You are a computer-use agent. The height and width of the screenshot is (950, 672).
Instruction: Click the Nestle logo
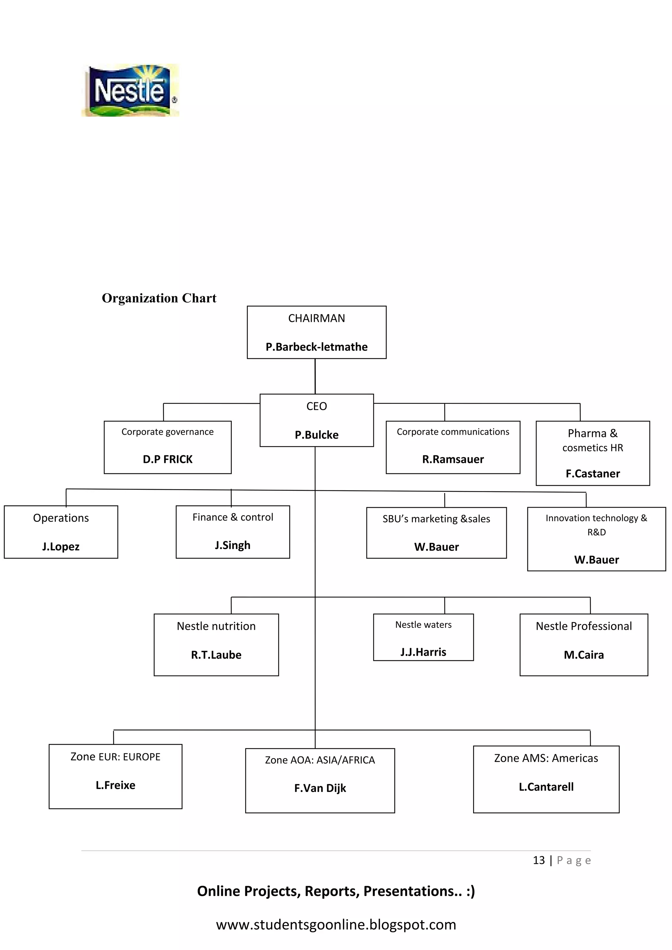(130, 90)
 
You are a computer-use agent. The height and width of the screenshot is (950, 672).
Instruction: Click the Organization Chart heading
(159, 298)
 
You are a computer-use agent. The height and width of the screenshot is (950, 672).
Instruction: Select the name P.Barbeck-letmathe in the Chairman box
(316, 347)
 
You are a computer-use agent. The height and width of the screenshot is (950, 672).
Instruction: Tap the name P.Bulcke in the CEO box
(316, 435)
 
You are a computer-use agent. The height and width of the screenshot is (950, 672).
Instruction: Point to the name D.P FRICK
(168, 459)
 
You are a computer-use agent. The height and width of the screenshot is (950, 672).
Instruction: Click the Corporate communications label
(452, 432)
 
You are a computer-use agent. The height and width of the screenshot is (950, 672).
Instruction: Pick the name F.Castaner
(593, 473)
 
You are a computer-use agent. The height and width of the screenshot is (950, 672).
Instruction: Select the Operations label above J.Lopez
(61, 518)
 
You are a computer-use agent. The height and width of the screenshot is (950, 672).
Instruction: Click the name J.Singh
(233, 545)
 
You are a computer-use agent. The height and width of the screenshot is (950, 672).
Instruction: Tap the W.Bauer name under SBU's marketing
(436, 547)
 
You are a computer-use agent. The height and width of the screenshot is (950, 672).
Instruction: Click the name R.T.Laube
(216, 655)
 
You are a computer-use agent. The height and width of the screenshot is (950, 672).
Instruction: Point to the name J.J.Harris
(423, 652)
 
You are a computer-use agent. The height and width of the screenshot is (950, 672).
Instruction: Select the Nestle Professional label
(583, 626)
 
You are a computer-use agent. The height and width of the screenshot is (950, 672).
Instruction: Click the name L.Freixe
(115, 785)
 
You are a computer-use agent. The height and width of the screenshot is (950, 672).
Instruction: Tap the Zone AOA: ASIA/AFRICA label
(320, 760)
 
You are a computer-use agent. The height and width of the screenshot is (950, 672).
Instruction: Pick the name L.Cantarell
(546, 787)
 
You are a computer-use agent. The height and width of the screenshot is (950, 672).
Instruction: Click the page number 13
(538, 860)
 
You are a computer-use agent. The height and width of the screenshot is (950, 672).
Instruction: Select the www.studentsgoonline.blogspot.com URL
(336, 924)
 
